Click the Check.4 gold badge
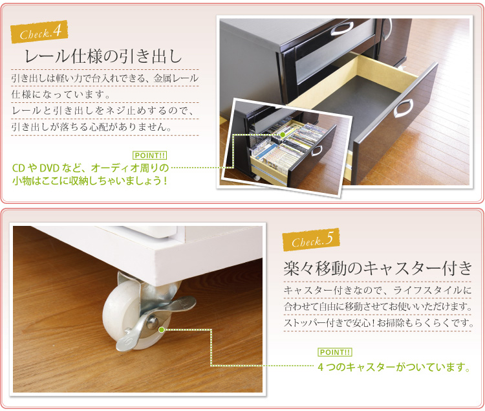tap(39, 32)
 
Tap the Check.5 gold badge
tap(311, 239)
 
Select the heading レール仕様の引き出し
tap(103, 57)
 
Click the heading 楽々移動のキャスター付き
tap(378, 268)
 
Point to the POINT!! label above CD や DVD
tap(150, 155)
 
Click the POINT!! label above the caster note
tap(335, 352)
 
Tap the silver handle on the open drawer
tap(404, 108)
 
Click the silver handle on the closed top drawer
tap(342, 28)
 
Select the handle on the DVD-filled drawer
tap(316, 150)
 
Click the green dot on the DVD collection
tap(283, 135)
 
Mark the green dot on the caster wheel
tap(161, 330)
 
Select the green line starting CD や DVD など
tap(91, 168)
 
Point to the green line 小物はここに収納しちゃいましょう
tap(90, 181)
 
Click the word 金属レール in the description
tap(176, 78)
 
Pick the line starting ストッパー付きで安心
tap(378, 323)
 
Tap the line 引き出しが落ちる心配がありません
tap(92, 127)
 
